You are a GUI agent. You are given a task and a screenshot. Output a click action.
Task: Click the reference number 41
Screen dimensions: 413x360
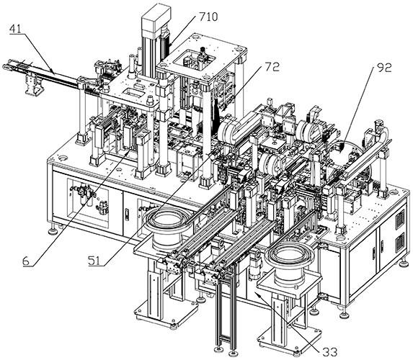pyautogui.click(x=15, y=30)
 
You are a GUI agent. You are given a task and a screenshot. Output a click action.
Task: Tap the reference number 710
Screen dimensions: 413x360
pyautogui.click(x=208, y=17)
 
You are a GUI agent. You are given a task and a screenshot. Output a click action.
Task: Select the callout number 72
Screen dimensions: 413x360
pyautogui.click(x=272, y=68)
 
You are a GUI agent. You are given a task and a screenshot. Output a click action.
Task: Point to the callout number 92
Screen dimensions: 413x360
pyautogui.click(x=383, y=68)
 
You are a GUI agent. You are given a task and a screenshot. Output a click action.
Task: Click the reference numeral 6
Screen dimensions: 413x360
pyautogui.click(x=26, y=261)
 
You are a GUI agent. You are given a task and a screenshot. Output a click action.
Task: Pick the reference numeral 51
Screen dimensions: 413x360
pyautogui.click(x=94, y=261)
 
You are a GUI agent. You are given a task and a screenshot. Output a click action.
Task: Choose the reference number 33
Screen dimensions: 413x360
pyautogui.click(x=330, y=352)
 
